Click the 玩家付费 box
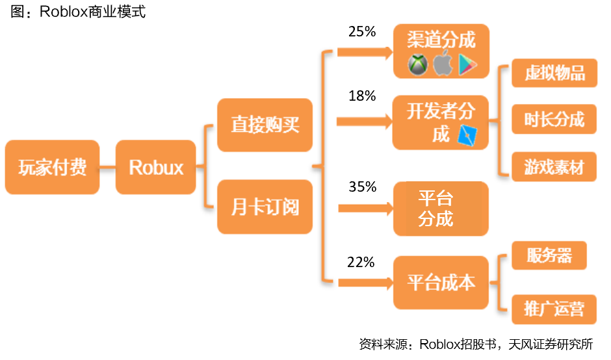coord(52,167)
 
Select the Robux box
coord(156,167)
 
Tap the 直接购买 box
coord(265,125)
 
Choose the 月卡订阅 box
coord(265,208)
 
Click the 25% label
coord(362,31)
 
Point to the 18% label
coord(362,96)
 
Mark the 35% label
coord(362,187)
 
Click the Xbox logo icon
coord(417,64)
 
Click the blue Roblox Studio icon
coord(468,134)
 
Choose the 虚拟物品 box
coord(554,73)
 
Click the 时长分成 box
coord(554,120)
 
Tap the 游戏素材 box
coord(554,167)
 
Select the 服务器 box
coord(549,255)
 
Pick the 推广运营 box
coord(554,308)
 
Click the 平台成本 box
coord(441,283)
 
